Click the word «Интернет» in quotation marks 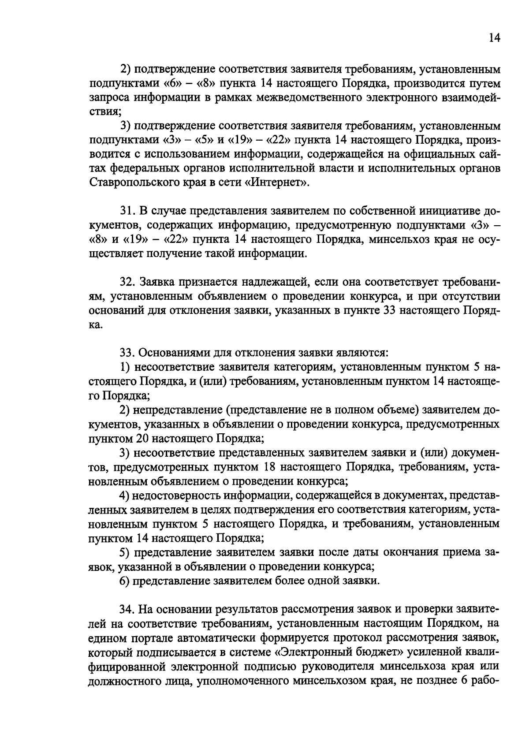274,183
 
